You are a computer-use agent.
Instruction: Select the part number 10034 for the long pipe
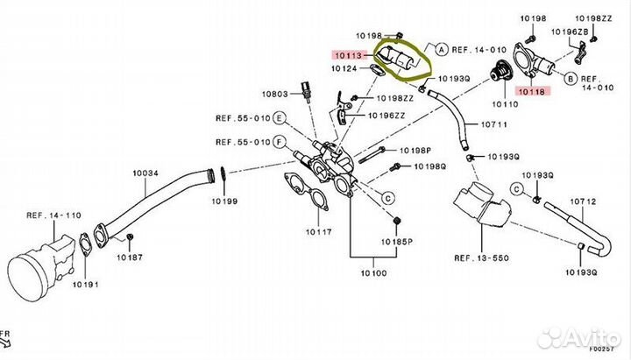click(x=145, y=173)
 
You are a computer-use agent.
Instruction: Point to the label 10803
click(x=275, y=92)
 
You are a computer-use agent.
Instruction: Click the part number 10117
click(x=319, y=233)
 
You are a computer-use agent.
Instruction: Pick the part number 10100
click(x=373, y=273)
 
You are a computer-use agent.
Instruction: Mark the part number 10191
click(x=84, y=285)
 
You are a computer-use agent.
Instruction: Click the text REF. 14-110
click(x=53, y=214)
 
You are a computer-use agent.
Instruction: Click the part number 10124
click(x=345, y=67)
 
